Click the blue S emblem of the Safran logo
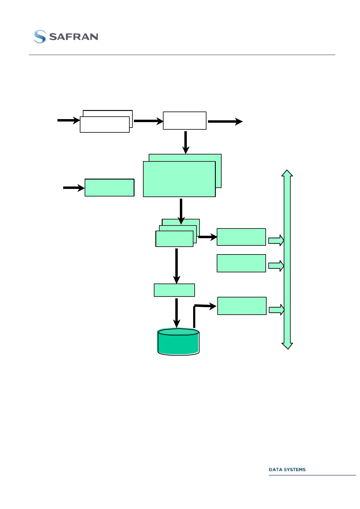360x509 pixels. coord(40,37)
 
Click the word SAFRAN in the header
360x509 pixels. coord(73,37)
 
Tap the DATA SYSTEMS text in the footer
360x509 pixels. coord(287,469)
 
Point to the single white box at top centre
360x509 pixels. coord(184,121)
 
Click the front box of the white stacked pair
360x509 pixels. coord(105,125)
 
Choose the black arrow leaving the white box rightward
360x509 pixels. coord(225,122)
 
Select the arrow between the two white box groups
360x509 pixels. coord(148,121)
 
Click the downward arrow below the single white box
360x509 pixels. coord(186,142)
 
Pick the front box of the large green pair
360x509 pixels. coord(179,179)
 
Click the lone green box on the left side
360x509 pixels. coord(109,188)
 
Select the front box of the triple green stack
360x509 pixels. coord(174,239)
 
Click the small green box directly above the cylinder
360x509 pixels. coord(174,290)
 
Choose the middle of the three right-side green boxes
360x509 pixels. coord(241,263)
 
